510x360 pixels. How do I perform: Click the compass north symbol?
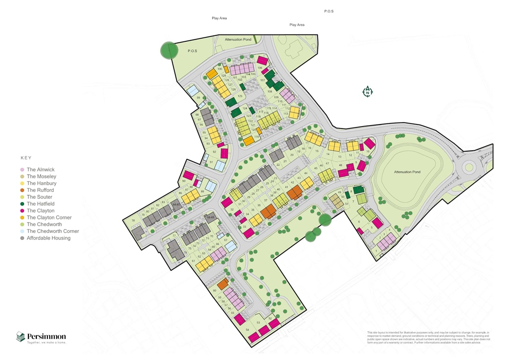tap(367, 92)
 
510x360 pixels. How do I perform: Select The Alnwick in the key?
tap(41, 170)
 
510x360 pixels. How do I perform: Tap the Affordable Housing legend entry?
tap(48, 238)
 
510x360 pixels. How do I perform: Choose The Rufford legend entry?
tap(40, 190)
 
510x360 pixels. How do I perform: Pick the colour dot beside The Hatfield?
tap(22, 204)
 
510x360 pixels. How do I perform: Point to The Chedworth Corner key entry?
tap(52, 231)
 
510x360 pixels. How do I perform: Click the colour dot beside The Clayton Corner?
tap(22, 218)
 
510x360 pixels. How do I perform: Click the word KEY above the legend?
tap(26, 158)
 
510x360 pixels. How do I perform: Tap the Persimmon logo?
tap(41, 337)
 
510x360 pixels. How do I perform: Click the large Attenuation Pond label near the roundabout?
tap(407, 172)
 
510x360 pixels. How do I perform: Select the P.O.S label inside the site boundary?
tap(192, 51)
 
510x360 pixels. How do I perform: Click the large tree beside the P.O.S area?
tap(169, 50)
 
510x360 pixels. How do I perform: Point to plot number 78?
tap(133, 221)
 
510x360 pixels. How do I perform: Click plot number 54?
tap(248, 330)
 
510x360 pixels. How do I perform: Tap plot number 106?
tap(259, 68)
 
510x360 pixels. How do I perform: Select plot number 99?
tap(198, 98)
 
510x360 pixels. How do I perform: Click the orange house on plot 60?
tap(223, 284)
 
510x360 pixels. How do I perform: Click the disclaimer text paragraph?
tap(428, 338)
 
